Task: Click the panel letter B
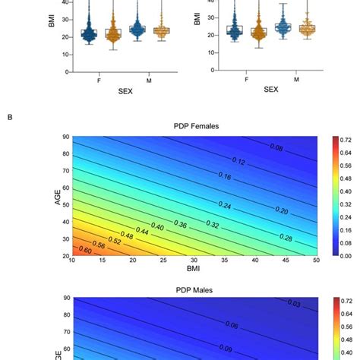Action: click(9, 116)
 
